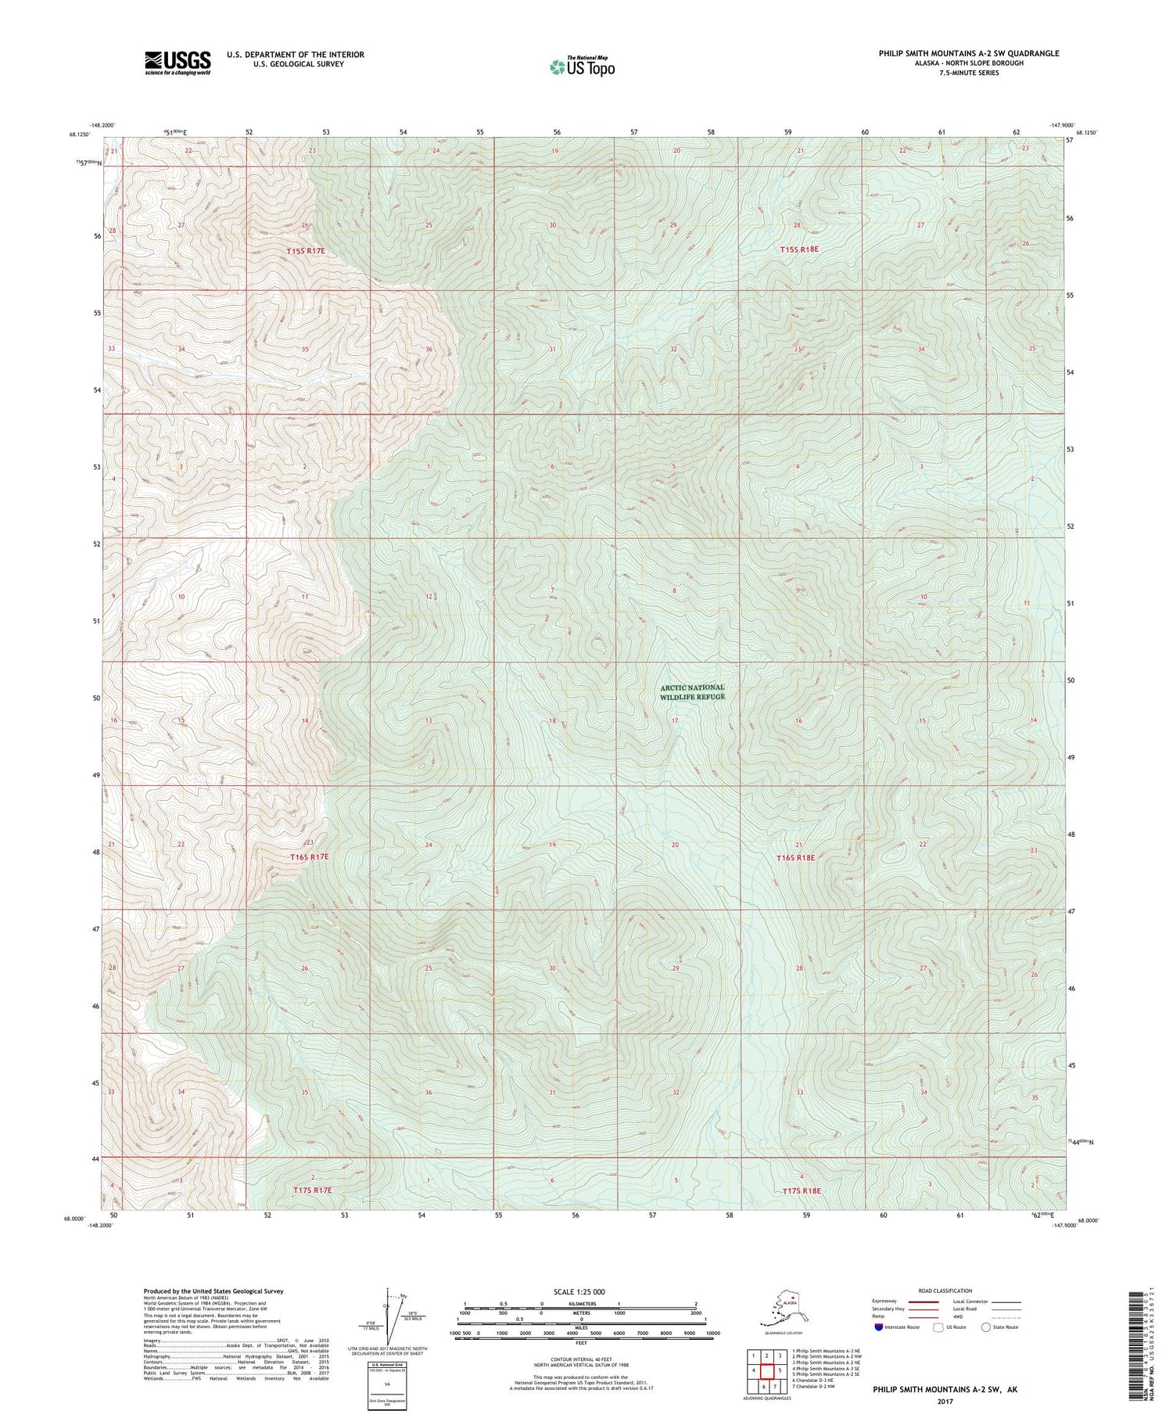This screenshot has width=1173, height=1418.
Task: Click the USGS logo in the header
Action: (x=178, y=63)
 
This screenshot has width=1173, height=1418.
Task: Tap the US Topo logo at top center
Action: (x=582, y=66)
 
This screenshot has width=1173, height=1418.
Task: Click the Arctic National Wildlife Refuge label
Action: (x=692, y=692)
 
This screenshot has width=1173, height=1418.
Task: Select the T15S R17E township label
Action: (x=305, y=251)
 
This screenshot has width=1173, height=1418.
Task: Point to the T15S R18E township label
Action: (x=799, y=249)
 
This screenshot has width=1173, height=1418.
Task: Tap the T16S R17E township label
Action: (x=310, y=857)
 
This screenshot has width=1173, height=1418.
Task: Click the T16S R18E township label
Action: (x=796, y=858)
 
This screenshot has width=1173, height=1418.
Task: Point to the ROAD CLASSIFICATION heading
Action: (x=945, y=1291)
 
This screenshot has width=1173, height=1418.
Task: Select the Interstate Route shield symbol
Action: (x=879, y=1327)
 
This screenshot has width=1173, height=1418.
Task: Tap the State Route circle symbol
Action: (x=985, y=1327)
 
